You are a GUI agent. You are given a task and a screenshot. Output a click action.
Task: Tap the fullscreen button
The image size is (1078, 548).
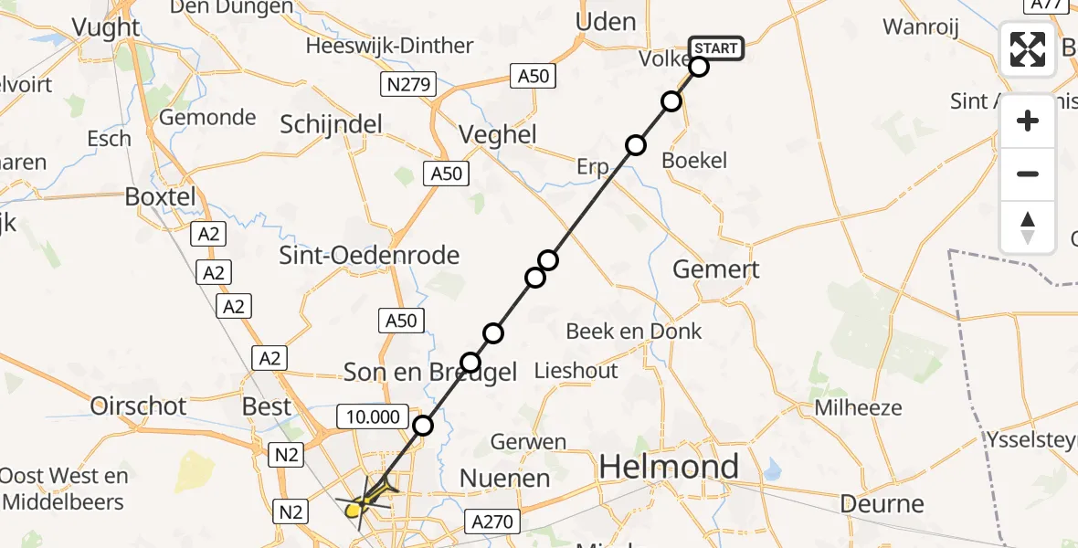[x=1028, y=49]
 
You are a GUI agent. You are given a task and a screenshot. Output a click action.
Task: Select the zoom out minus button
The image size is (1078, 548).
[x=1028, y=174]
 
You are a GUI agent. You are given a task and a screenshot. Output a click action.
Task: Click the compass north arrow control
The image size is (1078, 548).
[x=1028, y=227]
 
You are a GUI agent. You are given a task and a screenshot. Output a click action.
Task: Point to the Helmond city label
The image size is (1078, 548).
[x=669, y=467]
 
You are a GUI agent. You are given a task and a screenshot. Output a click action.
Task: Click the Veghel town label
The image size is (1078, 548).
[x=498, y=134]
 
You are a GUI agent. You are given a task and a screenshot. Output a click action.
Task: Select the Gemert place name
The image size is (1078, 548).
[x=715, y=269]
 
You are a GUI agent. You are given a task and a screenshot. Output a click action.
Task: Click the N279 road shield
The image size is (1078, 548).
[x=407, y=85]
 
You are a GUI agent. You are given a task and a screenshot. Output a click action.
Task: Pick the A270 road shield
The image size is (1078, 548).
[x=493, y=522]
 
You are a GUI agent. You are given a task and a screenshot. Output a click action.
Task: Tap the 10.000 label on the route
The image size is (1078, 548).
[x=374, y=417]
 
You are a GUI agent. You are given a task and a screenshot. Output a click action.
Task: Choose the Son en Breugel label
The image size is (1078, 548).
[x=430, y=372]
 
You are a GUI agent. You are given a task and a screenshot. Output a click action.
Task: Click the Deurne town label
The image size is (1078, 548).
[x=882, y=503]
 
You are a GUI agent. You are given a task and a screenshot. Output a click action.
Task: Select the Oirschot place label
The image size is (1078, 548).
[x=138, y=406]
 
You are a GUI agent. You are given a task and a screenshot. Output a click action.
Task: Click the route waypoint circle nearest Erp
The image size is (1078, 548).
[x=635, y=145]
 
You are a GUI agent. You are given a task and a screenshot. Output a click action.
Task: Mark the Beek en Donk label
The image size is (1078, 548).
[x=633, y=331]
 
